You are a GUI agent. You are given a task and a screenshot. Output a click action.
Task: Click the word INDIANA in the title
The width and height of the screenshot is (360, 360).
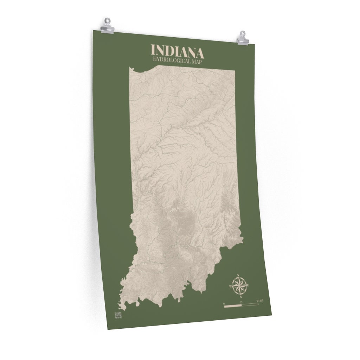coord(177,51)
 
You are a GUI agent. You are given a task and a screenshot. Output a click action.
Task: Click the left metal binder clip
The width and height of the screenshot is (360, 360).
coord(107,26)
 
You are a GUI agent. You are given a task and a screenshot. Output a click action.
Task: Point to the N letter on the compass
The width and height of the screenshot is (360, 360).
coord(238,275)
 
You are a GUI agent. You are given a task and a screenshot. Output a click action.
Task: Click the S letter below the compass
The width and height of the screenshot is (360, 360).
coord(241,296)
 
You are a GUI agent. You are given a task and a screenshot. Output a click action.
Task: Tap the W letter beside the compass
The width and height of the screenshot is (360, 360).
coord(230,287)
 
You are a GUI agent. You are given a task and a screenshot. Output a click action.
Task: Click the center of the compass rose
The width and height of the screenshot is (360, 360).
coord(240,285)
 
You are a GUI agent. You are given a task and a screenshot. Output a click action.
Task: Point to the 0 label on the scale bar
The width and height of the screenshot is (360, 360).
coord(224,302)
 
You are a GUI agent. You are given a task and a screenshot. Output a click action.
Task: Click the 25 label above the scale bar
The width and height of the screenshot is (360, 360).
coord(241,302)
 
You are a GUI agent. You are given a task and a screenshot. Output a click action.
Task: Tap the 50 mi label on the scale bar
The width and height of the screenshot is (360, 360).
coord(259,301)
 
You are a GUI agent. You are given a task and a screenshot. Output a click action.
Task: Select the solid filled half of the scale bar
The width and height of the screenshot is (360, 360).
coord(233,306)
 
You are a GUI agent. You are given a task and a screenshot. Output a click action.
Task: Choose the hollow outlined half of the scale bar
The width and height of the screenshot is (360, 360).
coord(250,304)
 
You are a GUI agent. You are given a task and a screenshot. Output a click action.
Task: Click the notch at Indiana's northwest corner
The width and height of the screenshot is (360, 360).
coord(131,68)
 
